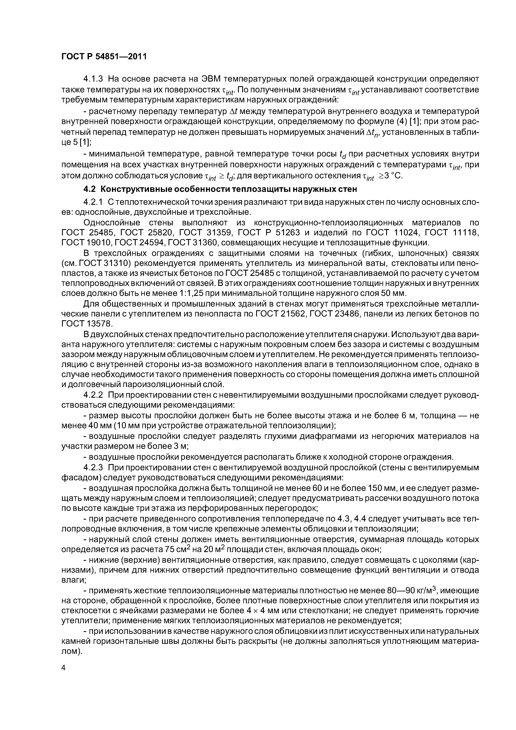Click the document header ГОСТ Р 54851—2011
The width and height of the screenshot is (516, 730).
[x=104, y=57]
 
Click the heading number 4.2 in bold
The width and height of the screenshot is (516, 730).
[x=90, y=189]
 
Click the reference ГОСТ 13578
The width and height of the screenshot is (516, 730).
[x=87, y=324]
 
